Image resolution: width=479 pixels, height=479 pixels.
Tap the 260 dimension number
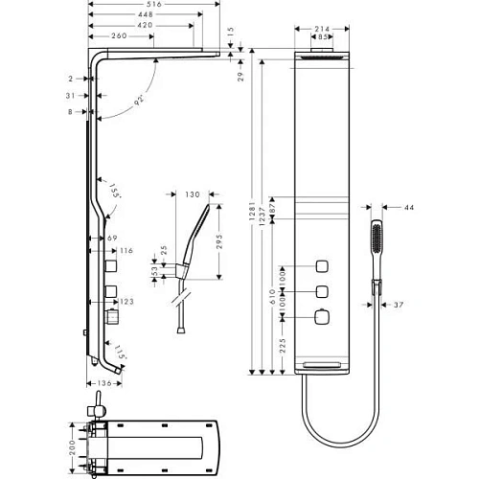(121, 37)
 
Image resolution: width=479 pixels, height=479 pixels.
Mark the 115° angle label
(118, 354)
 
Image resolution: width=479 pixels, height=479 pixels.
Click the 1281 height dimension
(255, 211)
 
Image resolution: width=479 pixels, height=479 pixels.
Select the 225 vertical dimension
(272, 345)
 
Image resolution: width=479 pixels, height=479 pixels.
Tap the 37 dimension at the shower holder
(397, 305)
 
